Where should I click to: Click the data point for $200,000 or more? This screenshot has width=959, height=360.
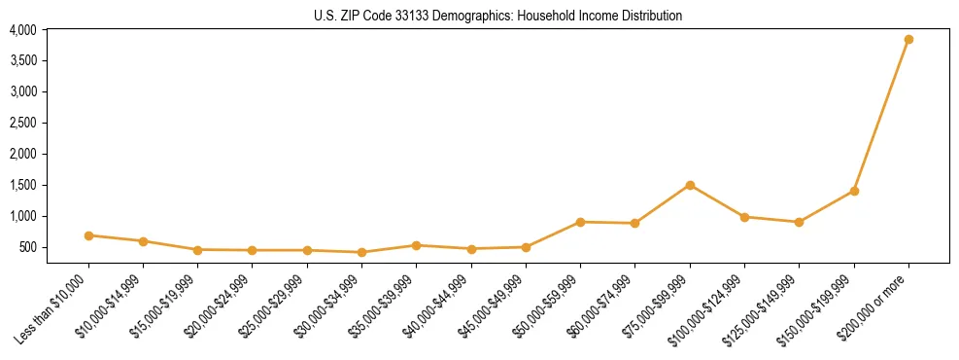point(908,40)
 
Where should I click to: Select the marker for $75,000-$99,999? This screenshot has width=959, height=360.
point(690,185)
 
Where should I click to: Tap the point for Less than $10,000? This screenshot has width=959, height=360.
point(88,235)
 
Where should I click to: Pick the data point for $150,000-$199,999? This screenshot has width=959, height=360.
point(854,191)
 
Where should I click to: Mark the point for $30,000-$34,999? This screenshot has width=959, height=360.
point(361,252)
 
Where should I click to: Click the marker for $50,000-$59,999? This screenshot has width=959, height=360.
point(580,222)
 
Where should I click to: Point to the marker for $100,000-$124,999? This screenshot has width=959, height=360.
point(744,217)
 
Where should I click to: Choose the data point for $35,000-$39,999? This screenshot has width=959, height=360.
point(416,245)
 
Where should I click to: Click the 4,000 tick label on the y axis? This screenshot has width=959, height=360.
point(23,30)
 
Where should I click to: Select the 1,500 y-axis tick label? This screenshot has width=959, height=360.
point(23,185)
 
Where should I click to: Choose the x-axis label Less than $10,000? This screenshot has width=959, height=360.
point(51,309)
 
